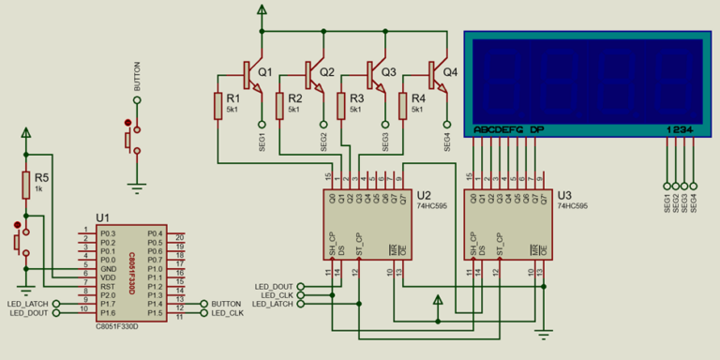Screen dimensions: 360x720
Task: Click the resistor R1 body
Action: [x=217, y=106]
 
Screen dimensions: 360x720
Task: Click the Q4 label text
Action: [x=450, y=72]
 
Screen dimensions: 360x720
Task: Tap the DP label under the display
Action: [x=536, y=129]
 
